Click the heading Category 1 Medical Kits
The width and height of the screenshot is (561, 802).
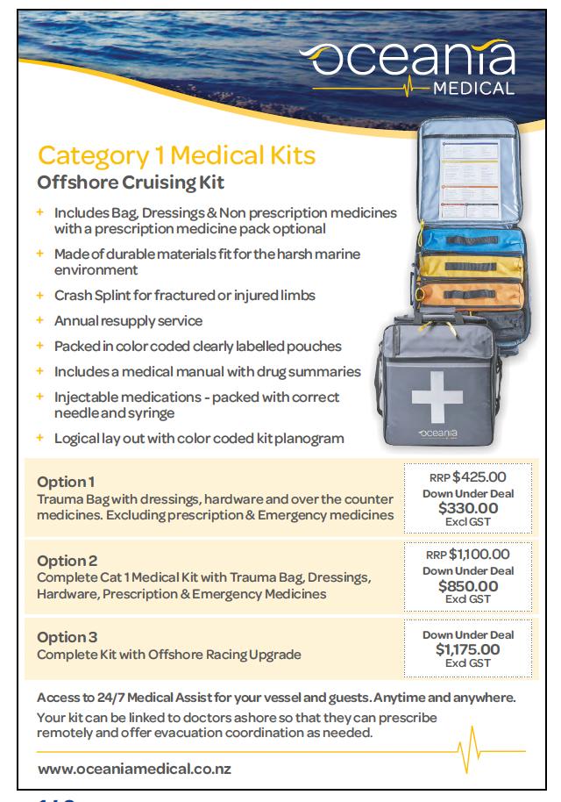click(x=176, y=157)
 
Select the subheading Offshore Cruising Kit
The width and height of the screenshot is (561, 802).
click(x=131, y=183)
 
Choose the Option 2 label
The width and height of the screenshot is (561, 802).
click(x=67, y=561)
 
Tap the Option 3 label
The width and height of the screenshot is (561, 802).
click(x=67, y=637)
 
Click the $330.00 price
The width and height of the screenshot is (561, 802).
click(x=468, y=508)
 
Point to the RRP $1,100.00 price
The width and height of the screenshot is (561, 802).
click(x=467, y=554)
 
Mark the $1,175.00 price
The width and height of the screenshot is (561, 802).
click(x=468, y=650)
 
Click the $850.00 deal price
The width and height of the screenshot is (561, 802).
click(x=468, y=586)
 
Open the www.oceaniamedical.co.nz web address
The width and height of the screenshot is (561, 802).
click(x=134, y=770)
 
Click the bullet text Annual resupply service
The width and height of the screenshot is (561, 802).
click(x=128, y=320)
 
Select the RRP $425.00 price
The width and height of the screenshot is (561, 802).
click(x=467, y=478)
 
